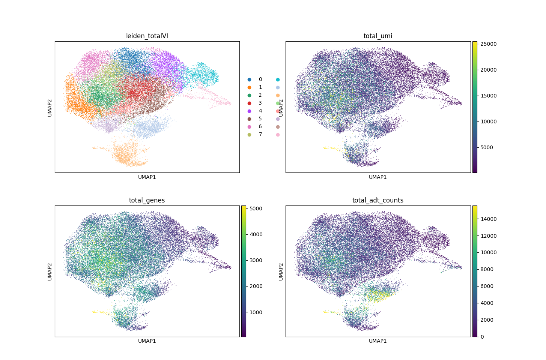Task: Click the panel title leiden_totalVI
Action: (x=147, y=36)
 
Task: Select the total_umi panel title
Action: (x=378, y=36)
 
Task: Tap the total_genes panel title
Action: (x=147, y=200)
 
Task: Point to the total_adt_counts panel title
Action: (x=378, y=200)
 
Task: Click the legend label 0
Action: (x=260, y=79)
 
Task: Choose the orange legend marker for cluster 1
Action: (x=249, y=87)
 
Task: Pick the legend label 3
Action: (x=260, y=103)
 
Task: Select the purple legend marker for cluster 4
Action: (x=249, y=111)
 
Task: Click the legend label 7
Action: (x=260, y=135)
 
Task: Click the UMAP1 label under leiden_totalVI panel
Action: (x=147, y=177)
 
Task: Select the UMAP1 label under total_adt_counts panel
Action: (x=378, y=341)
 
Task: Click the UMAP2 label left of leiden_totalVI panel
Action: (x=50, y=107)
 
